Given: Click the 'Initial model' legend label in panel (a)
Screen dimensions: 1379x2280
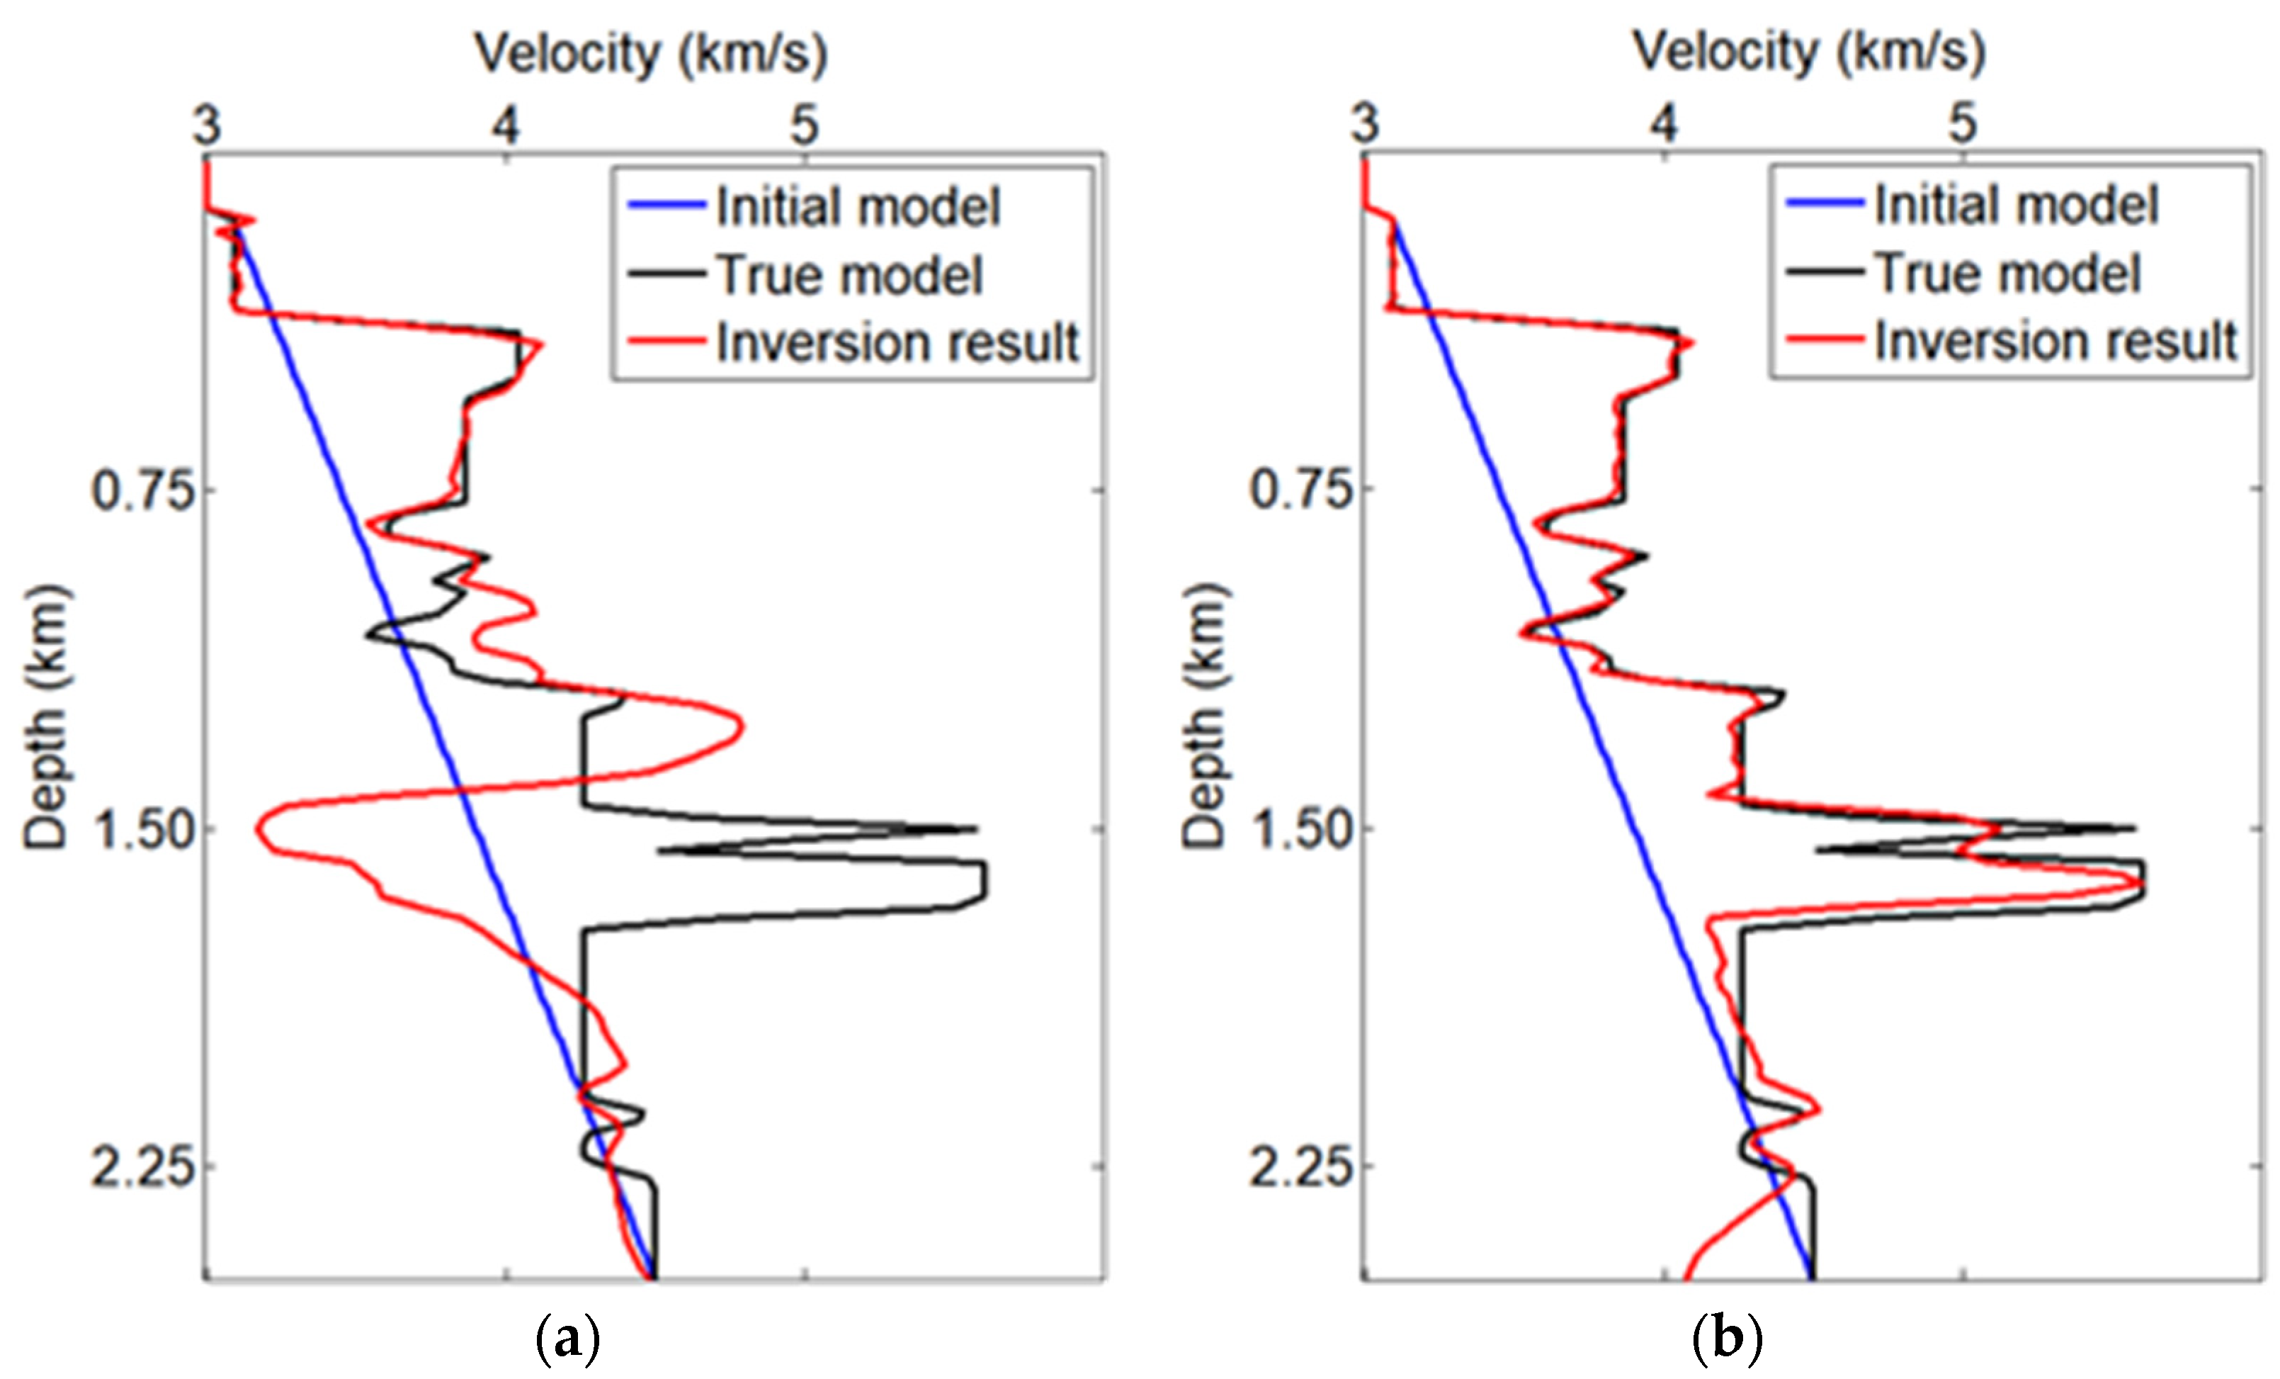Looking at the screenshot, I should coord(858,206).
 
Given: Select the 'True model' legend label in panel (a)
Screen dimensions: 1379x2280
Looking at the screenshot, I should coord(849,275).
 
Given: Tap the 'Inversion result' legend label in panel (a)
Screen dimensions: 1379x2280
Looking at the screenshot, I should coord(897,342).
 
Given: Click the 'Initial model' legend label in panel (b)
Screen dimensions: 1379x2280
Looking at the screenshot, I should coord(2017,205).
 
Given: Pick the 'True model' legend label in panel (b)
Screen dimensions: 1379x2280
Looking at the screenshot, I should coord(2008,273).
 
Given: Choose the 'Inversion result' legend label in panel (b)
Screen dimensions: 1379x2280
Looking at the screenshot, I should coord(2056,341).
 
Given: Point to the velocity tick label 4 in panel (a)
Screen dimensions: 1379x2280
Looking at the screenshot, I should coord(505,124).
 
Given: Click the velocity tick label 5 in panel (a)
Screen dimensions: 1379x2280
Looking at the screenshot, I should coord(804,124).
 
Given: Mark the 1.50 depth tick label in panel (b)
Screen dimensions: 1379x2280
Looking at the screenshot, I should coord(1303,828).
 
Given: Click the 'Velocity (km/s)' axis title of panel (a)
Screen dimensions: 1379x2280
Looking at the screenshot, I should coord(650,54).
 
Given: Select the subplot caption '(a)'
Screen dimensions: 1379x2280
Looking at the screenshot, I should coord(567,1339).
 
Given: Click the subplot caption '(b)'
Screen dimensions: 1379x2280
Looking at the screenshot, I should coord(1727,1339).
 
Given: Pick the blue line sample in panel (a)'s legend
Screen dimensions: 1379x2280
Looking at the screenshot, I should coord(667,206).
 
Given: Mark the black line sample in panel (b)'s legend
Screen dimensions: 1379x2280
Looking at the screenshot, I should coord(1824,272).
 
